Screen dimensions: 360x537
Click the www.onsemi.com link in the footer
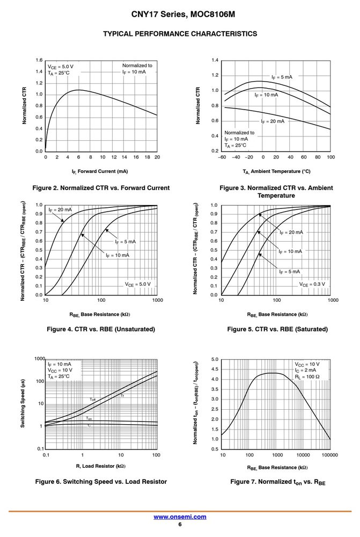coord(180,517)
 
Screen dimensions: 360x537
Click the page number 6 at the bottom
coord(180,524)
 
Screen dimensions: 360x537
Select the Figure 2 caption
coord(101,187)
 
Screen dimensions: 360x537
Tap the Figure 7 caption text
coord(278,482)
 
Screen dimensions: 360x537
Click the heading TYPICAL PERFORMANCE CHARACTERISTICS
coord(180,33)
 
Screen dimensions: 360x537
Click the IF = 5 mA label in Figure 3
coord(282,77)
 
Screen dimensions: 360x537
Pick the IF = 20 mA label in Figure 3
coord(273,121)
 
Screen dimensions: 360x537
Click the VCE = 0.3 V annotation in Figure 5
coord(312,284)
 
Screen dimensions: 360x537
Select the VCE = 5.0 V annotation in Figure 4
coord(137,284)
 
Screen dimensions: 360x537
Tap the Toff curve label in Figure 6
coord(93,400)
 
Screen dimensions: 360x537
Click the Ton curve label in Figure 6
coord(89,418)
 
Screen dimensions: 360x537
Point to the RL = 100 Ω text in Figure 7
coord(307,377)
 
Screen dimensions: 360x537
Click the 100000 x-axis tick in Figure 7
coord(329,455)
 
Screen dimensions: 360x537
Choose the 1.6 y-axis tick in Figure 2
coord(39,60)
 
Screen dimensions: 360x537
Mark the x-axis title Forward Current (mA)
coord(100,171)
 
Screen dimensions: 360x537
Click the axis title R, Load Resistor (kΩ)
coord(101,466)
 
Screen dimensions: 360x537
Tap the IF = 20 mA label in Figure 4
coord(60,209)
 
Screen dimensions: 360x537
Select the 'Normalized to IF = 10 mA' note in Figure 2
coord(137,69)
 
